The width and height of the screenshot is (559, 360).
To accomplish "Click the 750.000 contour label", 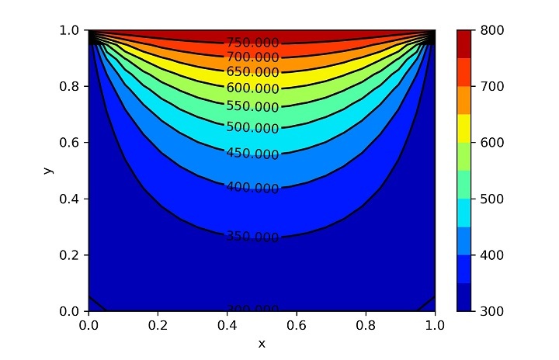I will coord(252,43).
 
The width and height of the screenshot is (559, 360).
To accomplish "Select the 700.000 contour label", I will coord(252,57).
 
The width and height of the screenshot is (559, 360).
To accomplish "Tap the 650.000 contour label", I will coord(252,72).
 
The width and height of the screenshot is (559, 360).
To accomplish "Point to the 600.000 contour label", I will coord(252,88).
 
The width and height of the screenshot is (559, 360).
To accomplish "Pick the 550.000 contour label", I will coord(252,106).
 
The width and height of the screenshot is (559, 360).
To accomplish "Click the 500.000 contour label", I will coord(252,127).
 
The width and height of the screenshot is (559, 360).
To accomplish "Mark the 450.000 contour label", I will coord(252,154).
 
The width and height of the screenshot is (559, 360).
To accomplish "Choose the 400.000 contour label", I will coord(252,188).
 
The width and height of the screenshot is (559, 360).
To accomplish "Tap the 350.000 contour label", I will coord(252,237).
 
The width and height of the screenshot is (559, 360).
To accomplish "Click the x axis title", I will coord(262,343).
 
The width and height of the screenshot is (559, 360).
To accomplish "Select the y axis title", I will coord(49,170).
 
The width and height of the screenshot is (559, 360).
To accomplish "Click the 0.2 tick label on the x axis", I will coord(158,326).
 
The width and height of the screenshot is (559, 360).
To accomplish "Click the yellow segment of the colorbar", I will coord(464,128).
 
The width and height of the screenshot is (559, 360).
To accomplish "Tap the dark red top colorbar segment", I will coord(464,43).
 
